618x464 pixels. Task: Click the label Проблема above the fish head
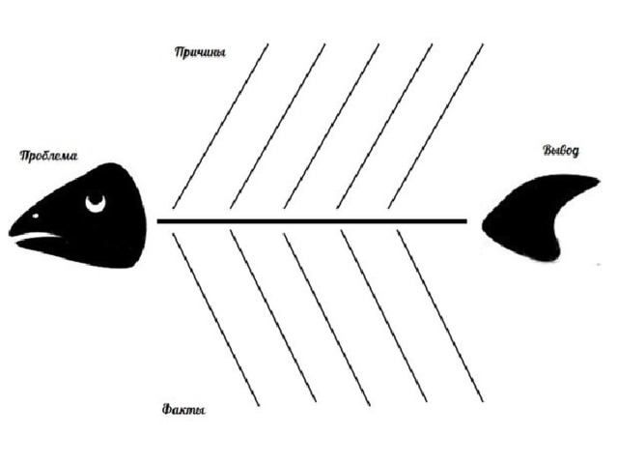(x=48, y=156)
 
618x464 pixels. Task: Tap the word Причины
(x=200, y=52)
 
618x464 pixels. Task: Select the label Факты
(x=183, y=409)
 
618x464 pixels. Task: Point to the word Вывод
(x=561, y=151)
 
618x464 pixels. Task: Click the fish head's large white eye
(x=96, y=204)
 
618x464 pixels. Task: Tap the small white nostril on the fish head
(x=36, y=216)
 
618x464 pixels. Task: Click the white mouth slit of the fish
(x=37, y=237)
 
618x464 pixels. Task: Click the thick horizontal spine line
(x=312, y=221)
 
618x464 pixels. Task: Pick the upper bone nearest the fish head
(x=220, y=126)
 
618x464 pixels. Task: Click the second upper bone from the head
(x=278, y=126)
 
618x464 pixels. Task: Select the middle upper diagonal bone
(x=331, y=126)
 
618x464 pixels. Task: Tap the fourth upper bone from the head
(x=384, y=126)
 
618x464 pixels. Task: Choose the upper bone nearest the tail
(x=435, y=126)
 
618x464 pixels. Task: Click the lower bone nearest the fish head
(x=216, y=319)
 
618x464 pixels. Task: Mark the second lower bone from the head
(x=273, y=316)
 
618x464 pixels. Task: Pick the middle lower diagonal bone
(x=327, y=319)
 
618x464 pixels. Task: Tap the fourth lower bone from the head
(x=384, y=316)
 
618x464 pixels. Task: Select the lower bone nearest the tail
(x=440, y=316)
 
